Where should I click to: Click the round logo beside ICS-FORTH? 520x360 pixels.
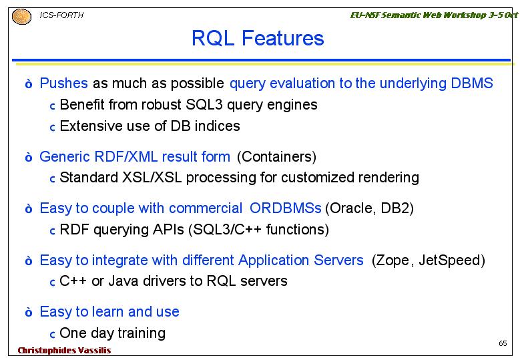point(21,16)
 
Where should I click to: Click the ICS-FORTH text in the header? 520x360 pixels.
point(61,15)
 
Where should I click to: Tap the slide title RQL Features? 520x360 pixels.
point(258,38)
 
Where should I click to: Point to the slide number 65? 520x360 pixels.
point(503,343)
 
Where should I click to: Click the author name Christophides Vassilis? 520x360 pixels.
point(64,351)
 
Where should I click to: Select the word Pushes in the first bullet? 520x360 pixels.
point(63,83)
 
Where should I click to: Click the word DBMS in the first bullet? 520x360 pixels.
point(472,83)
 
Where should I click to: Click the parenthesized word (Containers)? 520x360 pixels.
point(276,156)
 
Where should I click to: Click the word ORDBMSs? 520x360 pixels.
point(286,208)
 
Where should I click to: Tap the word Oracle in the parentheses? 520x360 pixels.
point(351,208)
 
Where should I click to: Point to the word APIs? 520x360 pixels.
point(168,230)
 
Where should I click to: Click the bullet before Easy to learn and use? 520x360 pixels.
point(29,312)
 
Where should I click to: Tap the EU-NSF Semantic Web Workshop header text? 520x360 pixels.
point(434,15)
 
